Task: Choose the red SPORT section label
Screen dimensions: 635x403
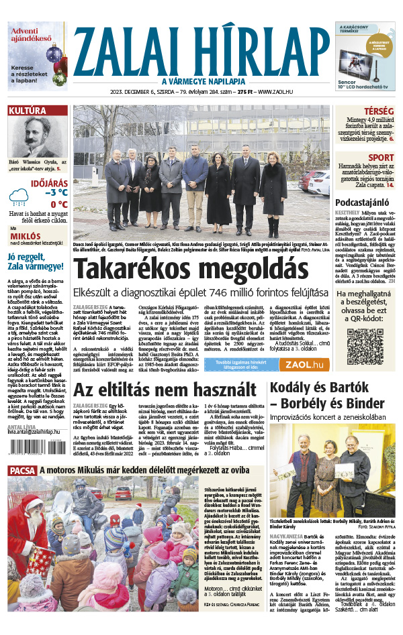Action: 382,158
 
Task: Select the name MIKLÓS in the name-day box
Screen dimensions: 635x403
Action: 24,237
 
